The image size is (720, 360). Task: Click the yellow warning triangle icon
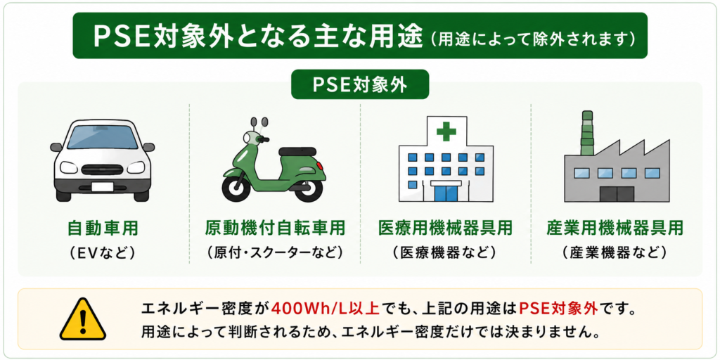[83, 320]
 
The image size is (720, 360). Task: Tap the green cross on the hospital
[446, 132]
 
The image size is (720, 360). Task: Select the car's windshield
[103, 136]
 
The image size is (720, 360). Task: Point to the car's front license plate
[103, 187]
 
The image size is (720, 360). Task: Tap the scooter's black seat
[297, 152]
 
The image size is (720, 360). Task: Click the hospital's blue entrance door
[446, 192]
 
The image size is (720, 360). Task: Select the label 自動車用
[103, 229]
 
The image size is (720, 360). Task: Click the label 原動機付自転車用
[274, 229]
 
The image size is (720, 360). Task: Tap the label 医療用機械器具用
[445, 229]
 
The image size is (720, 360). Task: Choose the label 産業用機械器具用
[615, 229]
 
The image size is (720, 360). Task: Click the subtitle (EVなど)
[103, 252]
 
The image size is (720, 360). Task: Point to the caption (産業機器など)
[615, 252]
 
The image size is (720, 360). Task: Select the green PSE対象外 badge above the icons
[360, 84]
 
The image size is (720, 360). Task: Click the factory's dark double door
[617, 194]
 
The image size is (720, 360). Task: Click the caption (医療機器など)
[445, 252]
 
